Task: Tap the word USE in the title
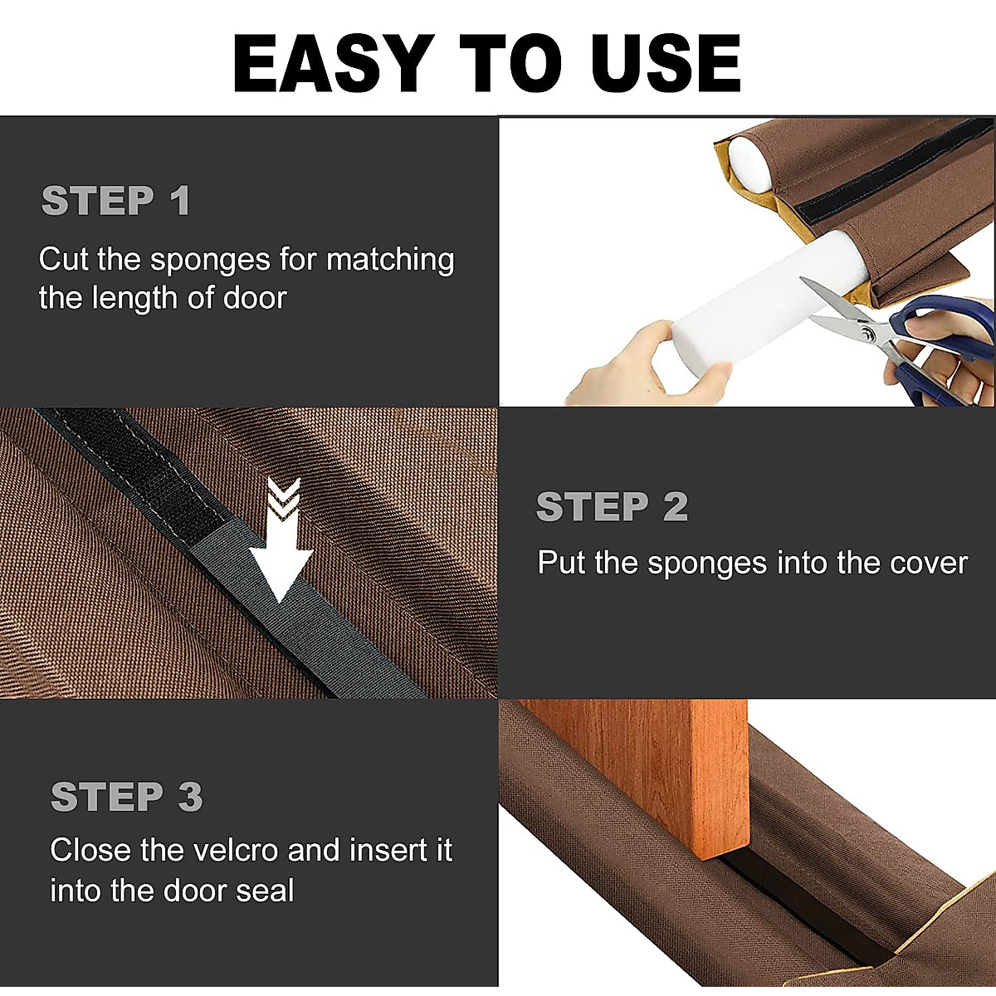click(x=659, y=64)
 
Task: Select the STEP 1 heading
click(x=116, y=202)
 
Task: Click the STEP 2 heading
click(x=612, y=507)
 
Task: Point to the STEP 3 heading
click(x=126, y=798)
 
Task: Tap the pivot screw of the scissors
click(x=867, y=334)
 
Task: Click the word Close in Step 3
click(x=90, y=851)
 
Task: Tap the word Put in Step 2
click(x=562, y=564)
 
